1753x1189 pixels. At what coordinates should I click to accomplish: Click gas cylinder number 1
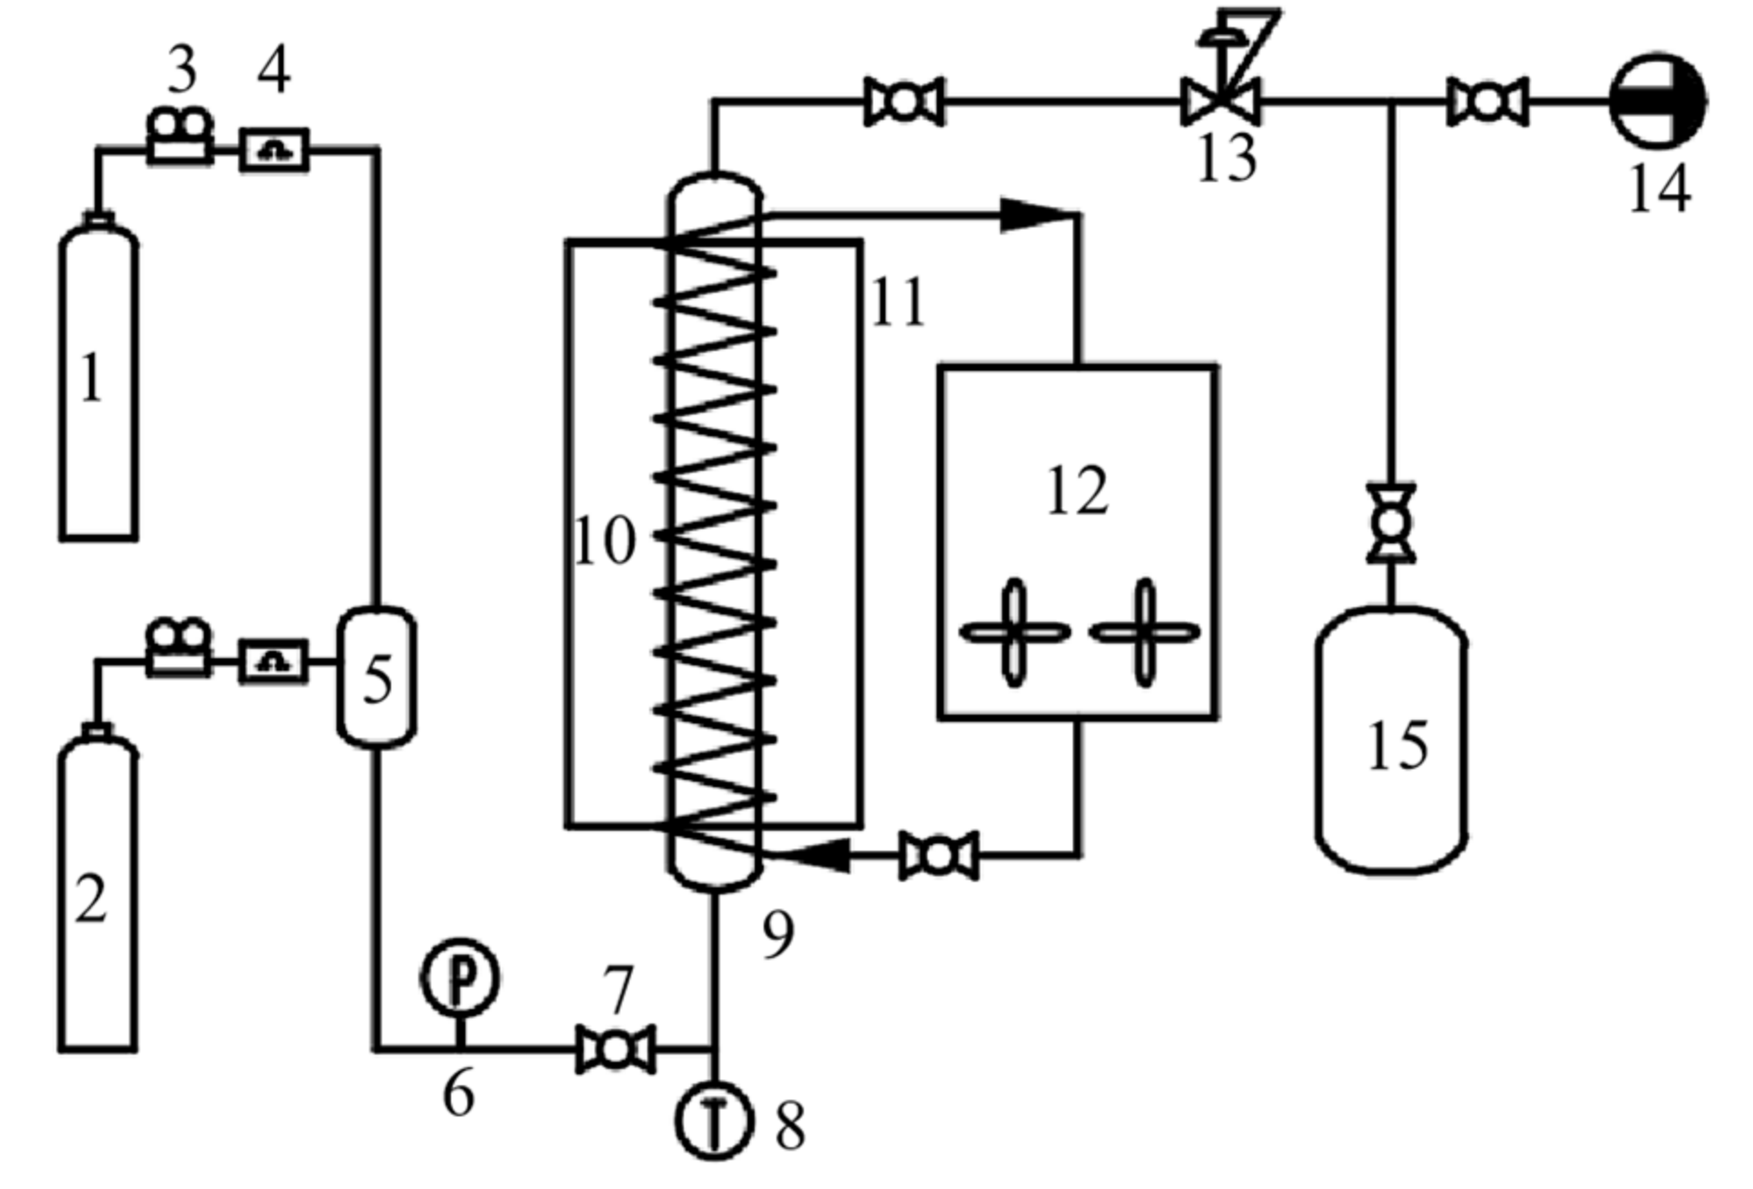coord(98,382)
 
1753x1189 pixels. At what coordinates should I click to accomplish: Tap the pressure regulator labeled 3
coord(180,136)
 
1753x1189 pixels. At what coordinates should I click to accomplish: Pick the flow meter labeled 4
coord(274,150)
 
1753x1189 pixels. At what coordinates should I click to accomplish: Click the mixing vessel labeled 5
coord(377,677)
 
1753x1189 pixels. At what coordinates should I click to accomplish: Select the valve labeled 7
coord(616,1049)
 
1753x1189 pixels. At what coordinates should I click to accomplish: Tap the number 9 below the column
coord(778,934)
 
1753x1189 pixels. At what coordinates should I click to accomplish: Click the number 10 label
coord(605,541)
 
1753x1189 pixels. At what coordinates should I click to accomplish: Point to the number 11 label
coord(897,302)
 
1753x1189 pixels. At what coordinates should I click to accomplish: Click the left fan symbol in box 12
coord(1015,632)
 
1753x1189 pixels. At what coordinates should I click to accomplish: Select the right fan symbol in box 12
coord(1145,632)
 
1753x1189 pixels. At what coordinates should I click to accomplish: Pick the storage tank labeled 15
coord(1391,741)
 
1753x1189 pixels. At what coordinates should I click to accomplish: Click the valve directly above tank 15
coord(1391,523)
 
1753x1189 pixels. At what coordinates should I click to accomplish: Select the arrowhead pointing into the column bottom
coord(823,855)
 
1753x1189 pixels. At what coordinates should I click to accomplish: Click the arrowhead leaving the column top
coord(1032,215)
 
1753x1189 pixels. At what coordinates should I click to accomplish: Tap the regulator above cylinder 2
coord(179,647)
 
